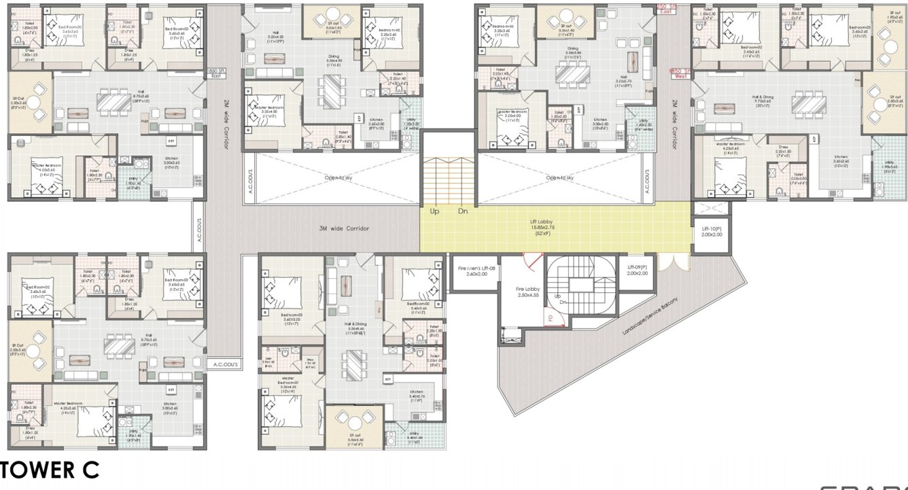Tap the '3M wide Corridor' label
tap(344, 229)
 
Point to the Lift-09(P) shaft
tap(637, 270)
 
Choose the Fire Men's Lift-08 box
tap(474, 271)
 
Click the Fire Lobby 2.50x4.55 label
tap(527, 292)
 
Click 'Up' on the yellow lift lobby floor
tap(434, 211)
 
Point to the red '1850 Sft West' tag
tap(678, 73)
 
